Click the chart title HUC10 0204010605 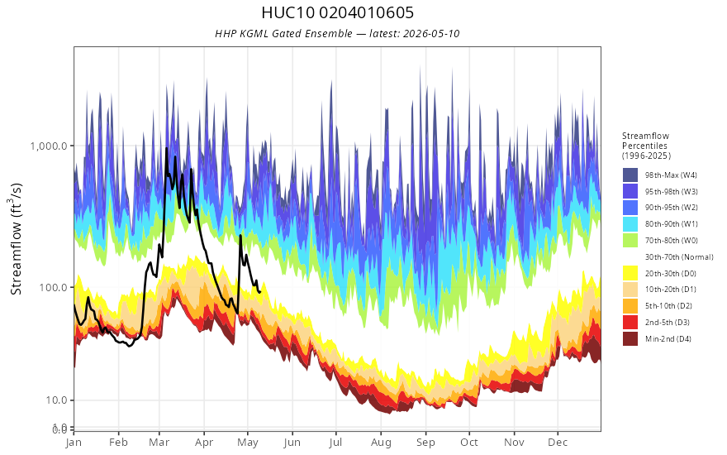click(x=338, y=12)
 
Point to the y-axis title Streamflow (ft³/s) click(x=17, y=239)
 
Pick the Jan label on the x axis click(x=74, y=443)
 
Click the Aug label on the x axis click(x=381, y=443)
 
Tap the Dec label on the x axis click(x=558, y=443)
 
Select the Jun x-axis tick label click(x=292, y=443)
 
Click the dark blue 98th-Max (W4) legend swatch click(x=630, y=175)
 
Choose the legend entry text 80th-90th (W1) click(x=672, y=224)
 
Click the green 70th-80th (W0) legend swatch click(x=630, y=241)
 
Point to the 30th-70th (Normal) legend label click(x=679, y=256)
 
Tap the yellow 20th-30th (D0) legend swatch click(x=630, y=273)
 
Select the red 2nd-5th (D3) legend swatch click(x=630, y=322)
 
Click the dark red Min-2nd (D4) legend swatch click(x=630, y=338)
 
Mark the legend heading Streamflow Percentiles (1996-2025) click(x=646, y=146)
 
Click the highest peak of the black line click(x=166, y=149)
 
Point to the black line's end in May click(x=260, y=291)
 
